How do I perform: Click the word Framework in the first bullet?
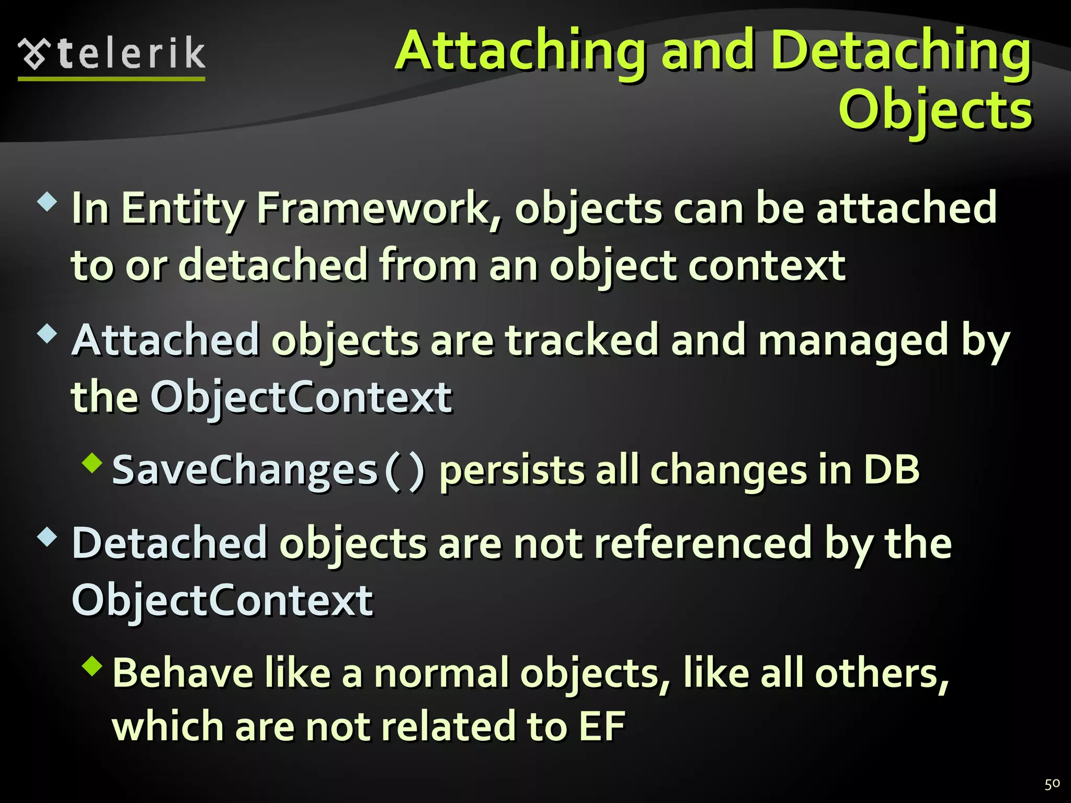(372, 208)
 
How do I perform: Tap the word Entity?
(183, 208)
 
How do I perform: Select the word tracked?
(582, 340)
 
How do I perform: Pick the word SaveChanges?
(245, 469)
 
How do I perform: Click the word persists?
(511, 469)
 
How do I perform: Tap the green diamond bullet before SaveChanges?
(93, 463)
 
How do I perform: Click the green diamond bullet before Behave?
(93, 666)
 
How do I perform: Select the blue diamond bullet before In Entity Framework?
(48, 201)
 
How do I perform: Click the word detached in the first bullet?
(274, 265)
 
